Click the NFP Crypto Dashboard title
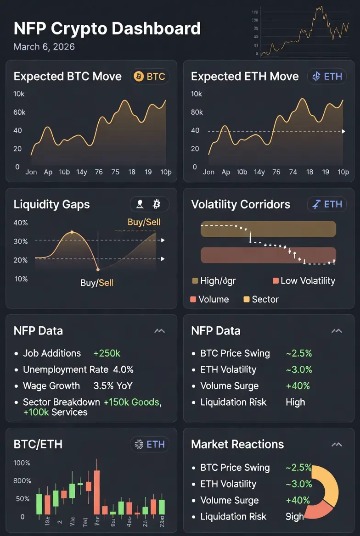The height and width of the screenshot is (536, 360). coord(107,28)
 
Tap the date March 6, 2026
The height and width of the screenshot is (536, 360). coord(44,47)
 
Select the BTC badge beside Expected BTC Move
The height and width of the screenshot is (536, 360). coord(149,76)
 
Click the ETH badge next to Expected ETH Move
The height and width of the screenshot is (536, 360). coord(326,76)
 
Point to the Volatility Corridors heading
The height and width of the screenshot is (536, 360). coord(241,204)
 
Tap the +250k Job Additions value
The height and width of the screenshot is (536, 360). coord(107,353)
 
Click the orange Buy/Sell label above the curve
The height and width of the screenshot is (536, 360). coord(144,223)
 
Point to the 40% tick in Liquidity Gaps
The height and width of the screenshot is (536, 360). coord(21,223)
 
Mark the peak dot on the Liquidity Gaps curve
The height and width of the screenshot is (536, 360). coord(72,233)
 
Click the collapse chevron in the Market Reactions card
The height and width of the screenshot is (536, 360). coord(337,444)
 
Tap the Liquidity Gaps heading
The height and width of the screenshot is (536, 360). coord(52,204)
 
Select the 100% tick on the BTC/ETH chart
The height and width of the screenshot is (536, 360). coord(22,463)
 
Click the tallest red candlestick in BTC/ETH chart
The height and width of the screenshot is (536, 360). coord(96,492)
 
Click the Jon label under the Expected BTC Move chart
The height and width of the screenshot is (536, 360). coord(31,172)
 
